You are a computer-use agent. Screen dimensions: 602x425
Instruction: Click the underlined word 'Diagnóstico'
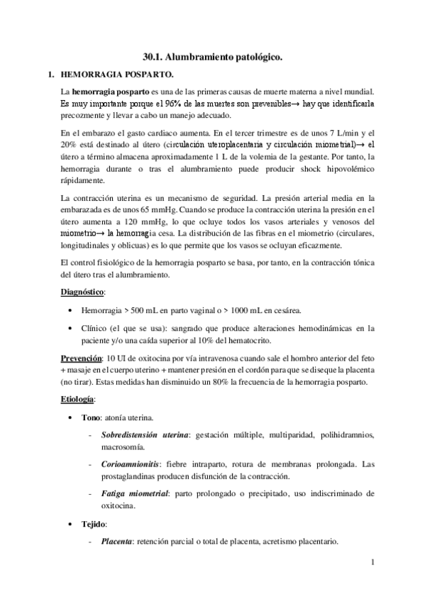83,292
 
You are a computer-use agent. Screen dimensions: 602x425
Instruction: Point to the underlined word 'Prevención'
81,356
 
